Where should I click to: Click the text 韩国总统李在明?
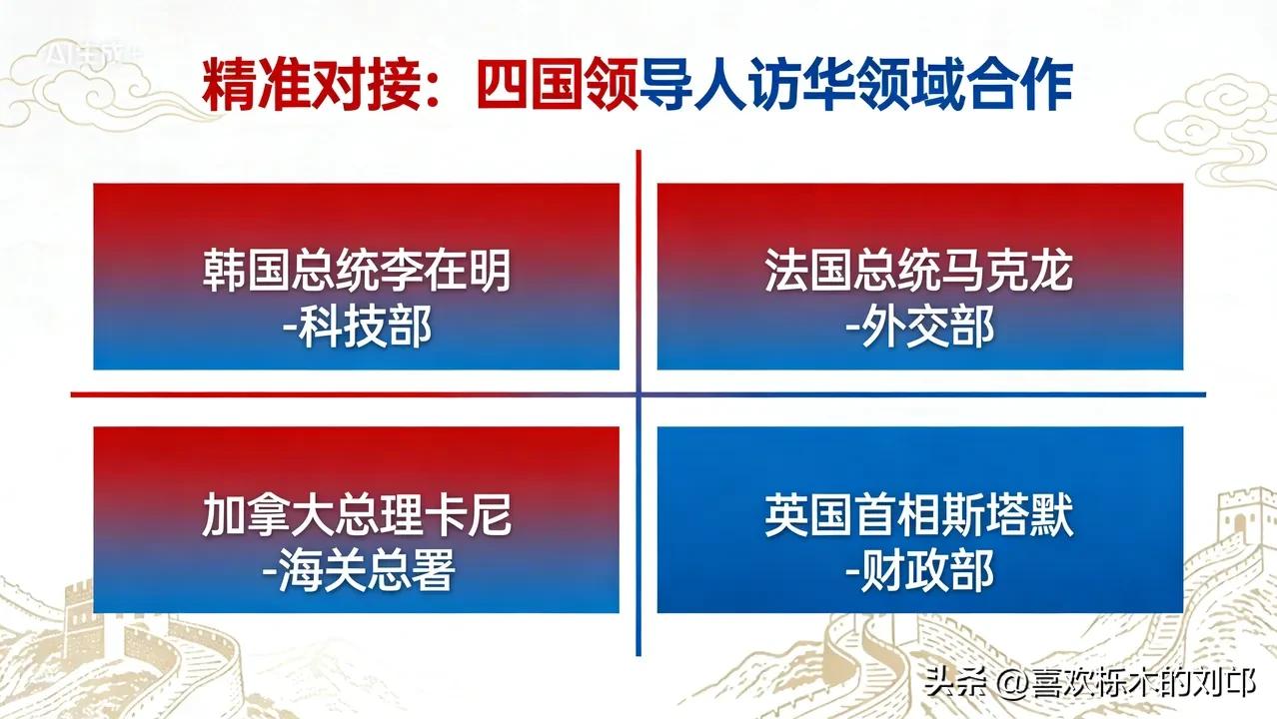357,272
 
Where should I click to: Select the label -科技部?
357,327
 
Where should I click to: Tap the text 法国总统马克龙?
919,272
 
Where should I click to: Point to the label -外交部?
919,327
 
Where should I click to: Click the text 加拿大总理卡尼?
357,517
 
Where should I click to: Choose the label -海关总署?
357,572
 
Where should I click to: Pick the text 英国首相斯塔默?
919,517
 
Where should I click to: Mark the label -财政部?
919,572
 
